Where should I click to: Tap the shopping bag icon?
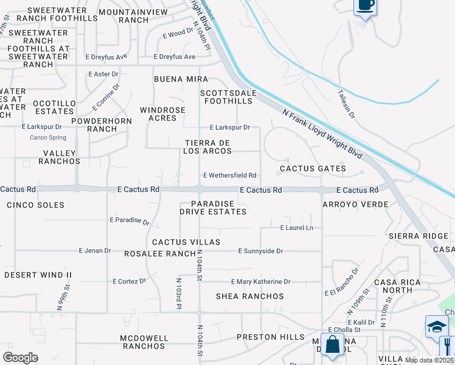[333, 344]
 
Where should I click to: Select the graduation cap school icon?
[436, 327]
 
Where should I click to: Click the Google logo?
[21, 358]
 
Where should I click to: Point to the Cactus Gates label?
[313, 169]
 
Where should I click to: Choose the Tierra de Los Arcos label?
[209, 147]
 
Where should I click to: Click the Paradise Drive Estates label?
[213, 207]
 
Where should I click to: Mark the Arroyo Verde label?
[355, 204]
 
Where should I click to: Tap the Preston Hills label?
[270, 337]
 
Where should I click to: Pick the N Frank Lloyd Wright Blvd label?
[322, 134]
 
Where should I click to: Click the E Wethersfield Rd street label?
[229, 175]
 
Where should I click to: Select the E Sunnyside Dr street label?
[260, 251]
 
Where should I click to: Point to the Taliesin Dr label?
[347, 103]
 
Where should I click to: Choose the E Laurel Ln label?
[296, 228]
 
